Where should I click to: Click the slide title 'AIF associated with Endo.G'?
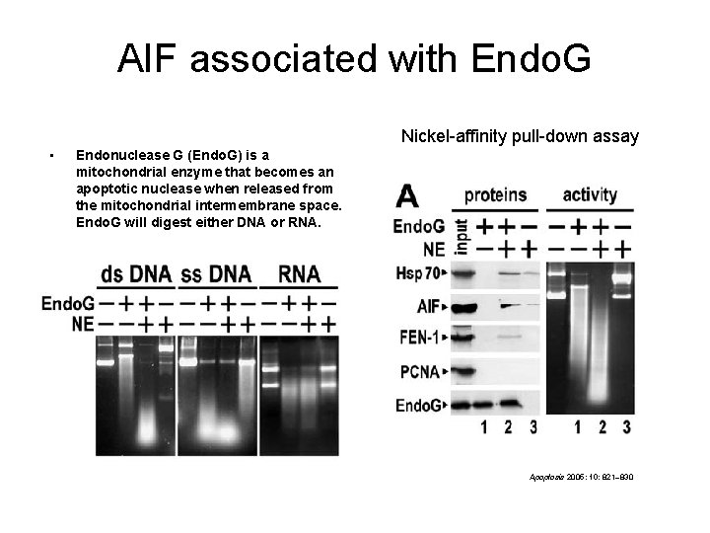(x=354, y=58)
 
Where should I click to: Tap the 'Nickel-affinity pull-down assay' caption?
(x=520, y=136)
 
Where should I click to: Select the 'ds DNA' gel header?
(x=135, y=273)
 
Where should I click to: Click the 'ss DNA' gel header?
(x=216, y=273)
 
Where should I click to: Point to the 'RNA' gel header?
(x=300, y=273)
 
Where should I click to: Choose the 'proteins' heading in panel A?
(x=495, y=194)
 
